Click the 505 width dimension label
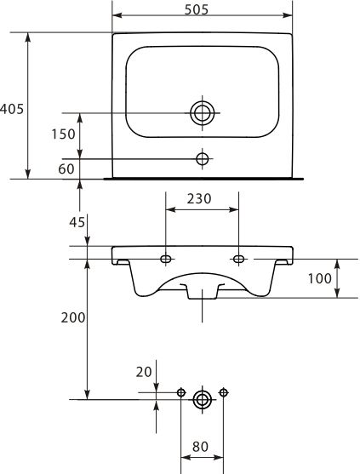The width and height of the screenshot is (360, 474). [x=197, y=10]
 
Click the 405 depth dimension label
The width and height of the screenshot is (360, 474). [x=12, y=109]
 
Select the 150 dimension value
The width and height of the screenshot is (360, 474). [x=63, y=134]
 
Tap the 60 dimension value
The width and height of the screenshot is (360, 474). [x=66, y=168]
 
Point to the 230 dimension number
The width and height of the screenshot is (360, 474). [x=199, y=198]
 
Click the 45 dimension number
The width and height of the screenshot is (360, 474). [x=77, y=222]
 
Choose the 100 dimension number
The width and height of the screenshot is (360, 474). [x=320, y=278]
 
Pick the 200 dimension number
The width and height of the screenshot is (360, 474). [x=73, y=317]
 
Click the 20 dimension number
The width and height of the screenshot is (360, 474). [x=144, y=372]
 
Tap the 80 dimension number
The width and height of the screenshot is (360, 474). [x=200, y=447]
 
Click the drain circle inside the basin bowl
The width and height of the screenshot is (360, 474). [x=203, y=113]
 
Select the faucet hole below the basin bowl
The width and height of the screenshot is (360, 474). [x=203, y=158]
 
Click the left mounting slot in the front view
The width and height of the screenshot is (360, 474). [x=166, y=259]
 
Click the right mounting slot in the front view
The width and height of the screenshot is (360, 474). [x=239, y=259]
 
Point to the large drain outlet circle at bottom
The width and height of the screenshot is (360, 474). [x=202, y=400]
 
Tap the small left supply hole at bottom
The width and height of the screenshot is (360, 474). [x=180, y=392]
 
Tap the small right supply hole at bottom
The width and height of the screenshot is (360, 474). [x=223, y=392]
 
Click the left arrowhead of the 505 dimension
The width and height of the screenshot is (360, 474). [x=117, y=15]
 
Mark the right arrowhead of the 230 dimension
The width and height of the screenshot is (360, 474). [x=234, y=209]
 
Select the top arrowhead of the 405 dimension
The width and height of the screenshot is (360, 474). [x=28, y=37]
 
